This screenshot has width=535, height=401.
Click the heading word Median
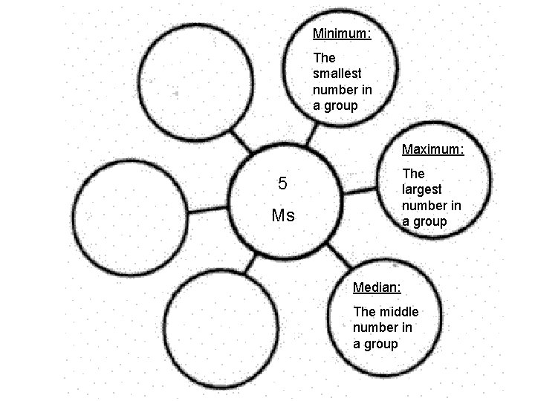click(x=377, y=287)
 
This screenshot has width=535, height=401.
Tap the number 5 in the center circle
click(x=282, y=183)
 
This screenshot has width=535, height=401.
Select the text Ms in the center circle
click(x=283, y=216)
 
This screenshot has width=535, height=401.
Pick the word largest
click(x=423, y=189)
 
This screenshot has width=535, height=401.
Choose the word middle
click(x=399, y=311)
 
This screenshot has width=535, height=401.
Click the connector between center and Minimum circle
click(x=315, y=134)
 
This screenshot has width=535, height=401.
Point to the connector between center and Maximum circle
click(x=361, y=191)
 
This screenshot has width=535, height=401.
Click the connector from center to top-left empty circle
click(x=242, y=141)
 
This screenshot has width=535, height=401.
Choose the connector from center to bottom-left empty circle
click(x=251, y=263)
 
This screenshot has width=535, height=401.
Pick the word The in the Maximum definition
click(x=413, y=173)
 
